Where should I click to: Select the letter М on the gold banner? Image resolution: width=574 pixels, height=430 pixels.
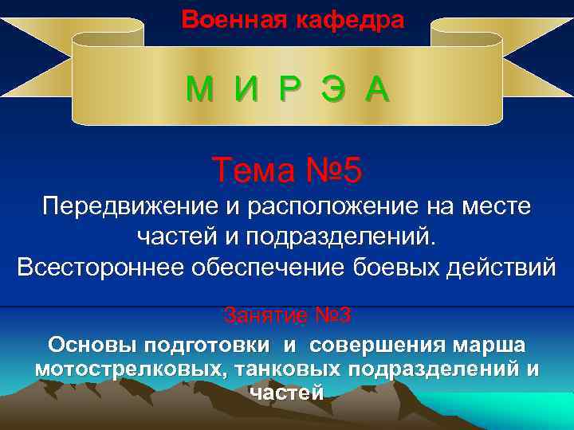201,90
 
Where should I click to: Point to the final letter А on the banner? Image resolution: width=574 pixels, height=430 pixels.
377,90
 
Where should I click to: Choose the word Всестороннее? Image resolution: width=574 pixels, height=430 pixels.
99,266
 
